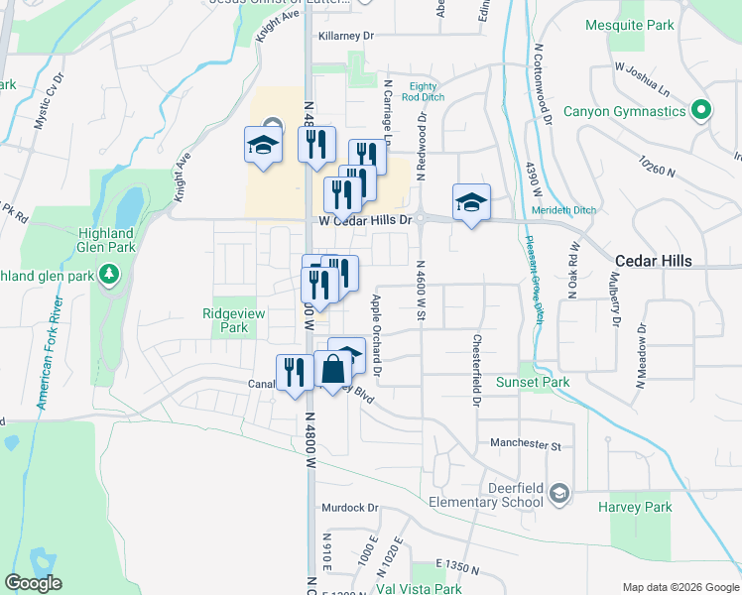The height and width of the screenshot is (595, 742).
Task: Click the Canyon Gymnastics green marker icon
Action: click(x=701, y=110)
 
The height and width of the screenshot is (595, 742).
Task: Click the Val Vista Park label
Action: click(x=420, y=588)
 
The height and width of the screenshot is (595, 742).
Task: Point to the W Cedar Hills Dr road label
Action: click(x=364, y=220)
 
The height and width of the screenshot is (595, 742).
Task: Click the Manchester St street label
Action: click(x=525, y=446)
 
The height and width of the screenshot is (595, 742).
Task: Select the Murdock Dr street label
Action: click(x=350, y=508)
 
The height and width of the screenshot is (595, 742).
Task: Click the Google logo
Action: click(x=34, y=583)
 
